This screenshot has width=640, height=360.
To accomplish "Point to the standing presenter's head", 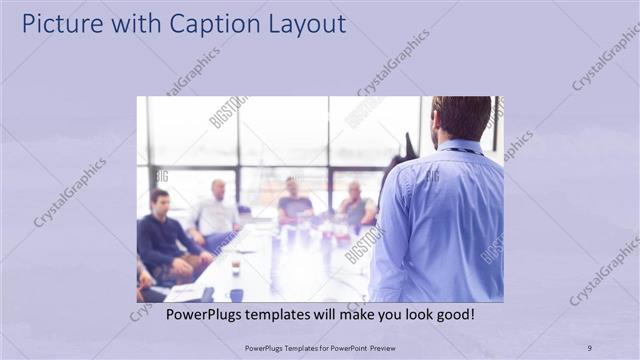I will [x=461, y=118].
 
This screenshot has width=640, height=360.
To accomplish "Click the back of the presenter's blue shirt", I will [x=440, y=220].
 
